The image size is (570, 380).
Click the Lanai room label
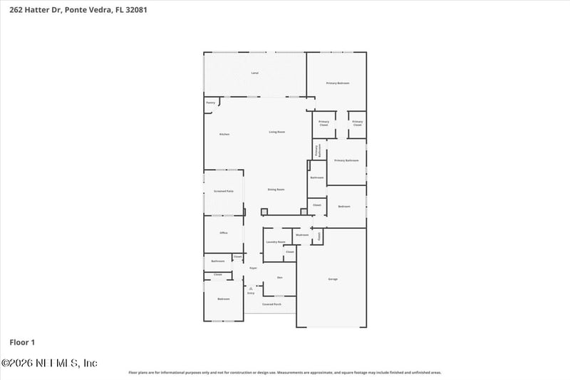coord(254,73)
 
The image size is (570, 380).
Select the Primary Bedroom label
coord(338,83)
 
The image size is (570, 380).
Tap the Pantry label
coord(210,103)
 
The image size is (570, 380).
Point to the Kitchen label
coord(224,134)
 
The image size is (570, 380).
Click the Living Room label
coord(276,132)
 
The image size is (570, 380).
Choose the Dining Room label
coord(276,190)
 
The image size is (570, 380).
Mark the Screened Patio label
coord(224,191)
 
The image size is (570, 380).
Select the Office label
coord(224,233)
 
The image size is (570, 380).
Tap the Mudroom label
coord(302,235)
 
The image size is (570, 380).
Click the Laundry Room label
coord(276,242)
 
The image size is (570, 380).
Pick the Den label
coord(279,277)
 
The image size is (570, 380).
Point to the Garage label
coord(333,279)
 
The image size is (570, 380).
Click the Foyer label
coord(253,268)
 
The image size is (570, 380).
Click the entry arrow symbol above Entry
coord(250,287)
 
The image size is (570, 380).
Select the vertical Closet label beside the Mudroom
coord(319,235)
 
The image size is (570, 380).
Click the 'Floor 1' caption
coord(22,342)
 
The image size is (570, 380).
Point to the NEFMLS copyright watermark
coord(49,363)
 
